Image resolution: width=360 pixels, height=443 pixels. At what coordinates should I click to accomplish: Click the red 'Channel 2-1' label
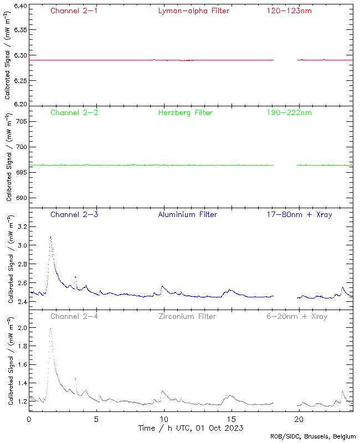[x=74, y=11]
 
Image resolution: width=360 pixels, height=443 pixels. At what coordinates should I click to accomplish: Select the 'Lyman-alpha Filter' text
[x=193, y=11]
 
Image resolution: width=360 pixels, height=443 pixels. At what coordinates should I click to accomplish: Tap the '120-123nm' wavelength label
[x=289, y=11]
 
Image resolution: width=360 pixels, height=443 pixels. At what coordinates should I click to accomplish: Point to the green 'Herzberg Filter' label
[x=186, y=113]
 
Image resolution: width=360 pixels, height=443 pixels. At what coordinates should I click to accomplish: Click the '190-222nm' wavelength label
[x=289, y=113]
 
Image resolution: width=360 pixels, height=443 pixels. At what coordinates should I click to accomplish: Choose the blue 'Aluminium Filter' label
[x=188, y=215]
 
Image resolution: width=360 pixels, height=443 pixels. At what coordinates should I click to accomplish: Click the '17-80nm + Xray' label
[x=299, y=215]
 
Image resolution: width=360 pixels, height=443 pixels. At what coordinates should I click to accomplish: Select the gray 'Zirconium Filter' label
[x=187, y=317]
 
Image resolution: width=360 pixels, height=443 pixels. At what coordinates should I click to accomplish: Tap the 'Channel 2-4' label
[x=74, y=317]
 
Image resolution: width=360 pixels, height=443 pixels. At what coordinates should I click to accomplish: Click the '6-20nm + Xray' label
[x=297, y=317]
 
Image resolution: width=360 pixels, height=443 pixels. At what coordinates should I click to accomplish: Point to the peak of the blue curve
[x=50, y=236]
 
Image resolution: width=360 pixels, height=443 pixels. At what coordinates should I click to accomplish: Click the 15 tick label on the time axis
[x=232, y=419]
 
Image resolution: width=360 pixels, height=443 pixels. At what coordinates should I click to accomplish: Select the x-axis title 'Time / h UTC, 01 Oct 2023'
[x=191, y=428]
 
